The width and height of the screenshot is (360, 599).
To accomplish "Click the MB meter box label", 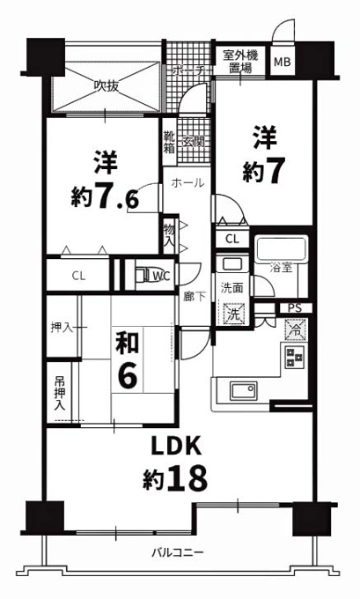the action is [x=283, y=62].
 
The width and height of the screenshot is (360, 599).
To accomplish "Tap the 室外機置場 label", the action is [x=240, y=62].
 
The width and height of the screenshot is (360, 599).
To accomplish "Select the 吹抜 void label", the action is [x=107, y=86].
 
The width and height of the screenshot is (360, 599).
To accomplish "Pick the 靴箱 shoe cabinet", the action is [x=169, y=142].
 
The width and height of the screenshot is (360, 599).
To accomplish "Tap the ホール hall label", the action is [x=187, y=183].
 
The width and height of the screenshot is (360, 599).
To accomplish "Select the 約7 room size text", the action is [x=264, y=171].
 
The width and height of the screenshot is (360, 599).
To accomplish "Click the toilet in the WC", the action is [x=144, y=274].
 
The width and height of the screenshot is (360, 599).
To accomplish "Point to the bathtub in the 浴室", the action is [x=282, y=249].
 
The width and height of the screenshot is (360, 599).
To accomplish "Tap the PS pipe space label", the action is [x=295, y=308].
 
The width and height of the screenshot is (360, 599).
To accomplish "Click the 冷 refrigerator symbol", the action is [x=295, y=329].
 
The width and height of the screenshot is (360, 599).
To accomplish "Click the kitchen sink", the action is [x=243, y=390].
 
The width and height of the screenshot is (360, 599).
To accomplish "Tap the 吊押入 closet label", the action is [x=60, y=393].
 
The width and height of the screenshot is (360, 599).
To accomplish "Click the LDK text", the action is [x=176, y=447].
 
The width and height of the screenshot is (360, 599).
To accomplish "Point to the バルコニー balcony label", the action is [x=178, y=552].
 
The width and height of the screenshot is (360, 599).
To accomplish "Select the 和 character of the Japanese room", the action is [x=128, y=342].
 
